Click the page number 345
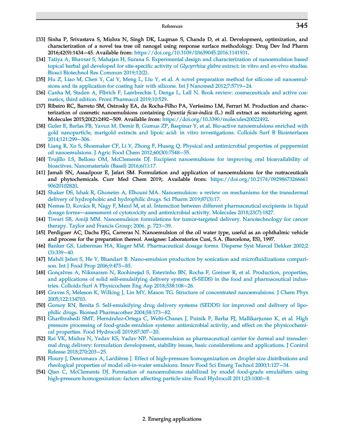click(x=301, y=26)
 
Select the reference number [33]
click(x=41, y=41)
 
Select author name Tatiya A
click(x=59, y=58)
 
